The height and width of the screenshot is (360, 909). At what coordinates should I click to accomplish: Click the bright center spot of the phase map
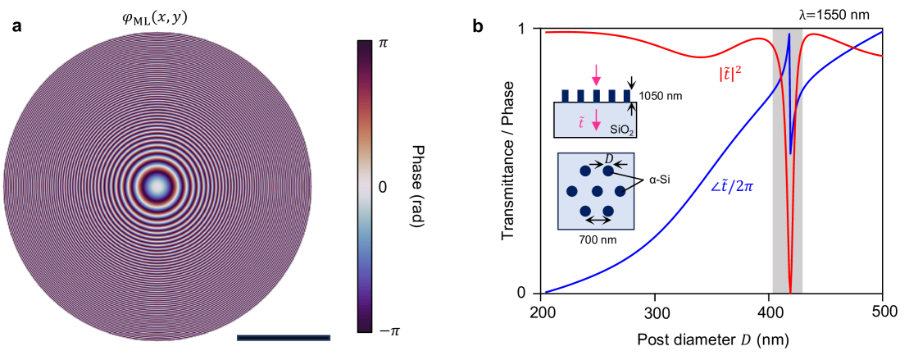coord(156,187)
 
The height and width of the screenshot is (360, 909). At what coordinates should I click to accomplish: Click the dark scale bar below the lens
coord(283,337)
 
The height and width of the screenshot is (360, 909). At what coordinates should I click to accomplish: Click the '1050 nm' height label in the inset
coord(661,97)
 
